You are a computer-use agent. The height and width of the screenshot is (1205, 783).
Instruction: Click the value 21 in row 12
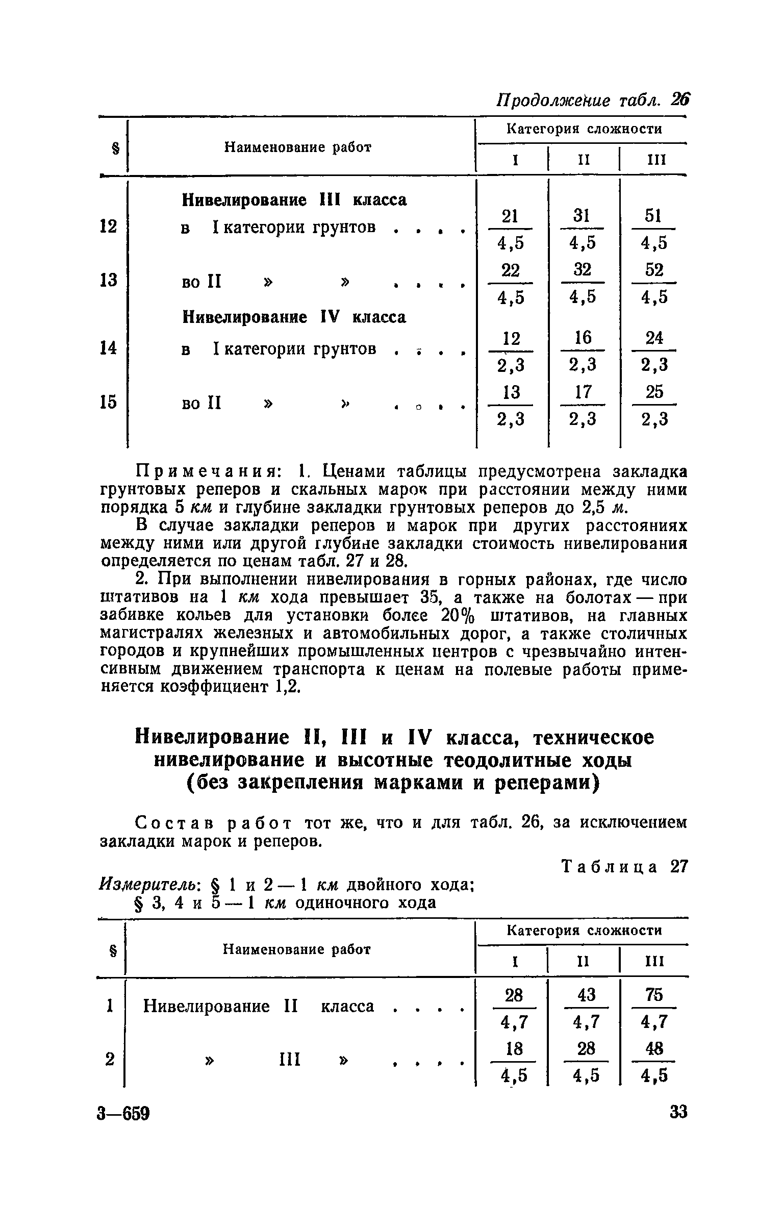point(510,216)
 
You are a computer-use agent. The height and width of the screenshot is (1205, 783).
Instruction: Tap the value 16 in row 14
point(583,337)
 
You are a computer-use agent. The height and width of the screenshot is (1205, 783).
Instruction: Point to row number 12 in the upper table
point(108,226)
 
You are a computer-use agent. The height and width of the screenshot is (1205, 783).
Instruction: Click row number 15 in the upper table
point(108,402)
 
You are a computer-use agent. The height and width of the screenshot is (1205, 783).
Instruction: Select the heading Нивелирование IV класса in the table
point(294,317)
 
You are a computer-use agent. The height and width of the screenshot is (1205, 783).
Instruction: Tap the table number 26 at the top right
point(680,99)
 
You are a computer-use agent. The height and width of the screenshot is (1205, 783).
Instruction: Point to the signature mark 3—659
point(123,1127)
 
